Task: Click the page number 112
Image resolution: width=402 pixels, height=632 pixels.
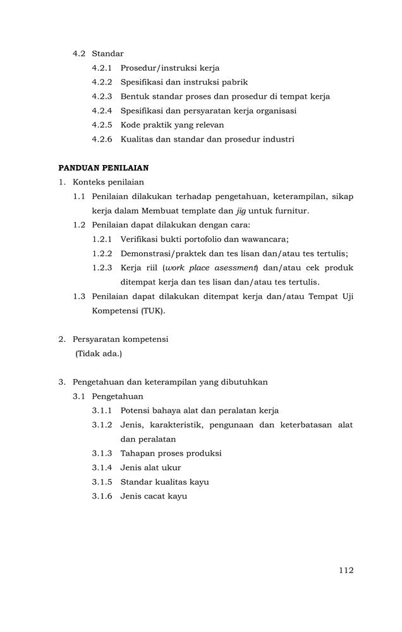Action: [x=346, y=570]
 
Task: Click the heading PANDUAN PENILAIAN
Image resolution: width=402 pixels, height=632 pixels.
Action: [x=103, y=167]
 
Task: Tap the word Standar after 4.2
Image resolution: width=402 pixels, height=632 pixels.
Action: [x=107, y=53]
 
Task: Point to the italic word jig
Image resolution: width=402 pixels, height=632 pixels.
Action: [x=241, y=210]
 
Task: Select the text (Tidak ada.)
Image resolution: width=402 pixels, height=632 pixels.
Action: [x=99, y=353]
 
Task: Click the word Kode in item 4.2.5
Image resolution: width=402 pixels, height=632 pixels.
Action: [x=131, y=125]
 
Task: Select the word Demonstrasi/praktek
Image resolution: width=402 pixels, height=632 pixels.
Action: [x=161, y=253]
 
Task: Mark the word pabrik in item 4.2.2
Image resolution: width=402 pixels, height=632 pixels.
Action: [x=234, y=82]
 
